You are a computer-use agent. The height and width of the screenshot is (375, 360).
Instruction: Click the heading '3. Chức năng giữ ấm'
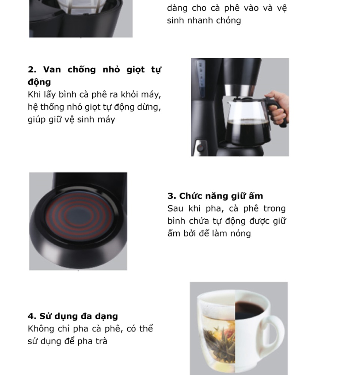(215, 196)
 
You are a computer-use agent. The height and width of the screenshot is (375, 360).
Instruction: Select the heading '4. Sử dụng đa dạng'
(73, 316)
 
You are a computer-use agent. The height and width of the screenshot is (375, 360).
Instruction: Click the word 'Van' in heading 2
(52, 70)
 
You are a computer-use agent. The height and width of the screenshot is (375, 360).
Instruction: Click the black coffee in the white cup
(249, 310)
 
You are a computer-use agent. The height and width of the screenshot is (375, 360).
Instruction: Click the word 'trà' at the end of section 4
(101, 341)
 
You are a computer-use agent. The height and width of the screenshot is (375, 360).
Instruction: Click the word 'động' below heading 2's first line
(39, 82)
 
